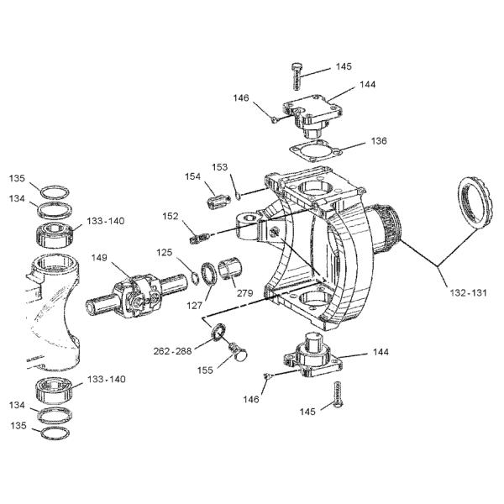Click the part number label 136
[x=379, y=141]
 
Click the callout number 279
[x=244, y=293]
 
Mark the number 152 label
[x=171, y=216]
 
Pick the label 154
[x=193, y=176]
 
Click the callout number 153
[x=220, y=166]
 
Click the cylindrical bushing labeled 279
[x=230, y=272]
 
